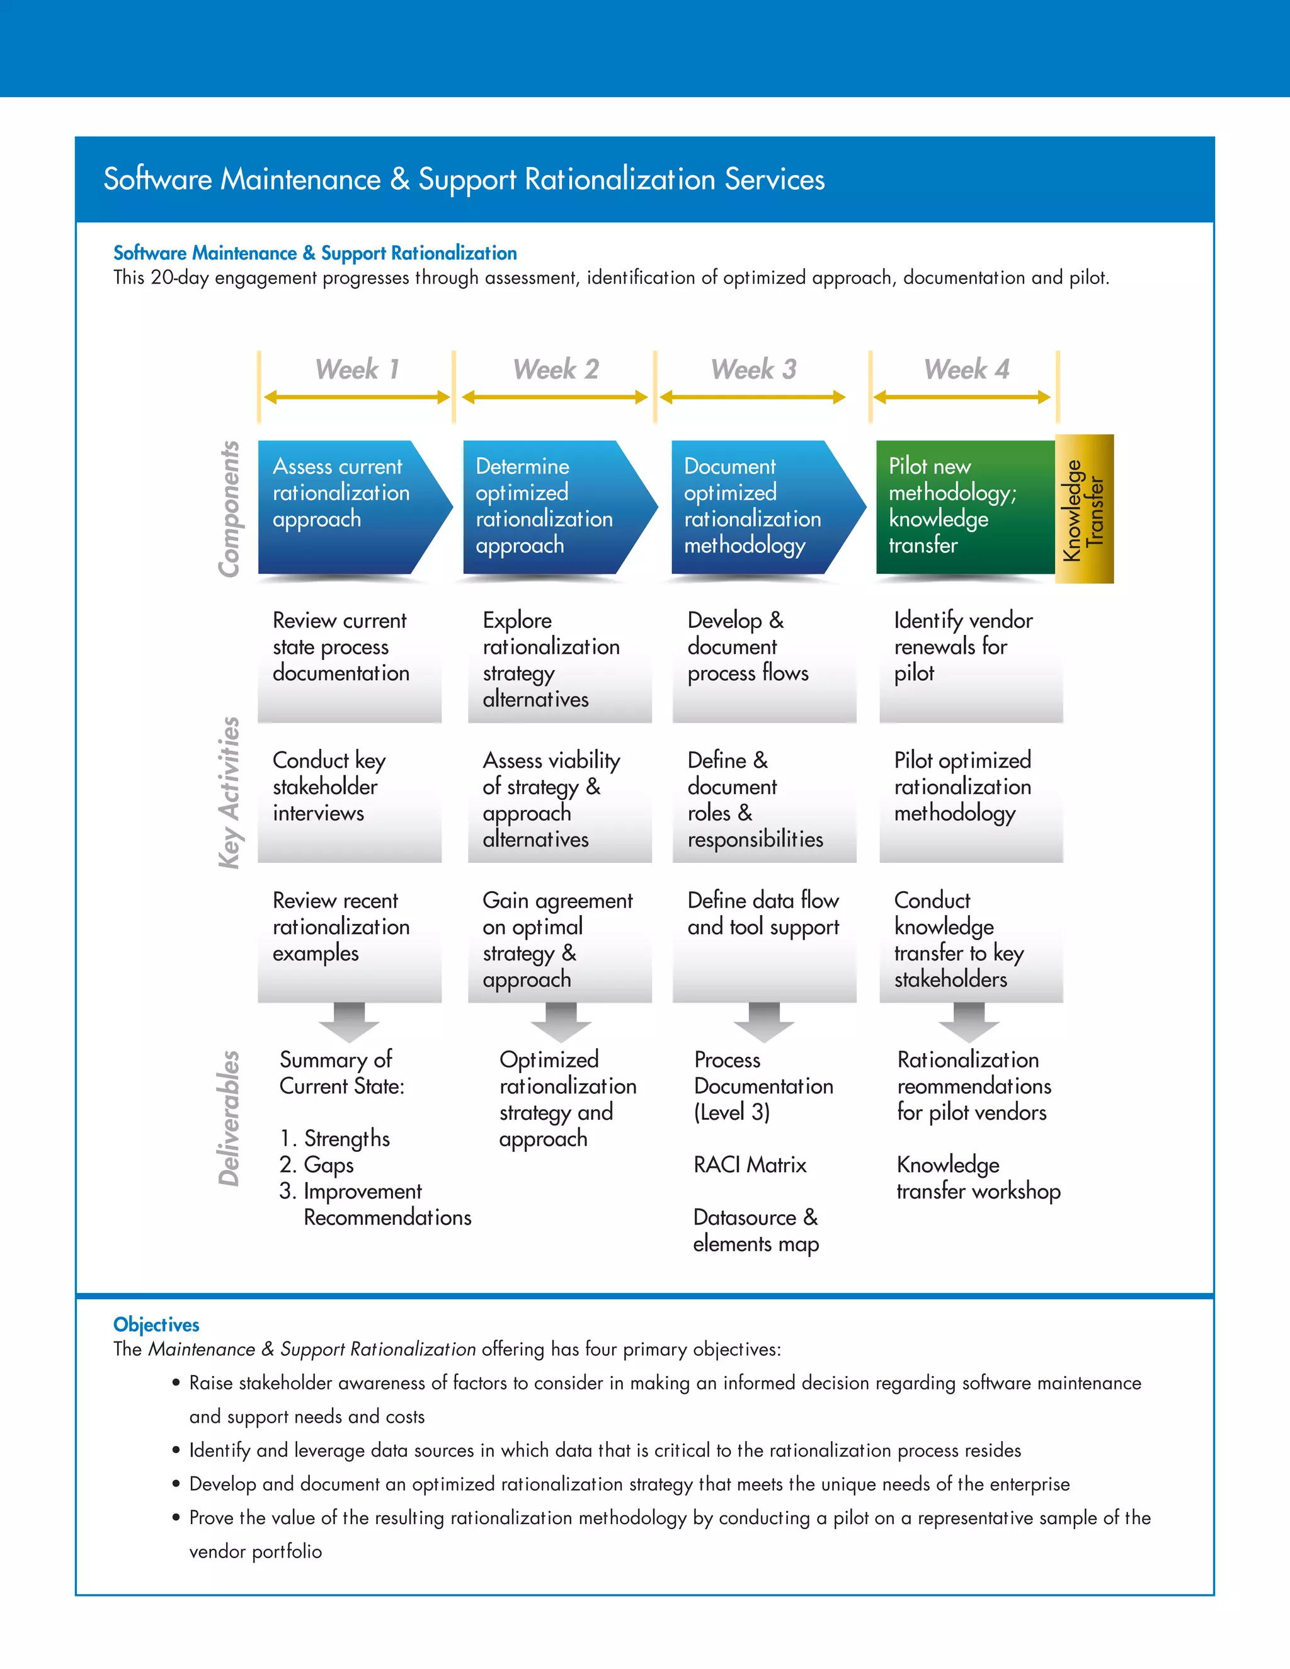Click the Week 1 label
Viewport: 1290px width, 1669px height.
click(357, 370)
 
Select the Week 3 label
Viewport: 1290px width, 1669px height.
click(753, 370)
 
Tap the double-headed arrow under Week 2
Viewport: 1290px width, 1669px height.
click(555, 397)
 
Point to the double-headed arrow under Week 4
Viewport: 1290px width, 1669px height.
click(961, 397)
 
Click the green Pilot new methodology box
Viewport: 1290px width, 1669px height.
click(964, 506)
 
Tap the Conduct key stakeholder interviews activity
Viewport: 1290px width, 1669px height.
click(329, 787)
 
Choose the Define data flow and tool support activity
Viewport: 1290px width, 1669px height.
click(763, 913)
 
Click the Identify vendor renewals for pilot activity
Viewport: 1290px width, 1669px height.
click(963, 647)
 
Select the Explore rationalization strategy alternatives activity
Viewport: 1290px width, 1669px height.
click(551, 659)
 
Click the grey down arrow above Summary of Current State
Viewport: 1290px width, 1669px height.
click(349, 1022)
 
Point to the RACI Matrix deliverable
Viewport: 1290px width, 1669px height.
click(750, 1165)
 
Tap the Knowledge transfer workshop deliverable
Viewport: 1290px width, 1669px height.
click(978, 1178)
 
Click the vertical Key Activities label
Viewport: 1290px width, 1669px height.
click(229, 792)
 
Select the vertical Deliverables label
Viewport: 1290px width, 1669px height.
click(229, 1118)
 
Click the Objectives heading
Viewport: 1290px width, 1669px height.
click(156, 1324)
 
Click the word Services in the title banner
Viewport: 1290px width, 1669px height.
click(774, 179)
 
